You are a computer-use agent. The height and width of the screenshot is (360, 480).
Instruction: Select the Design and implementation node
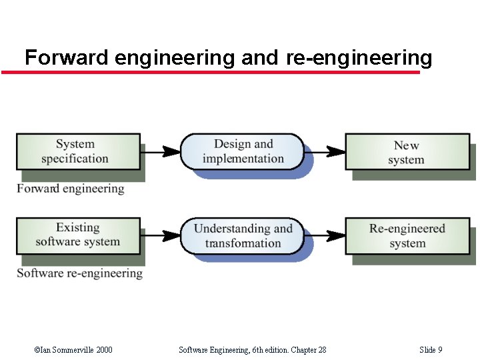click(x=243, y=151)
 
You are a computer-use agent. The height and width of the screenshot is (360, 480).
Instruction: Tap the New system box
click(x=406, y=152)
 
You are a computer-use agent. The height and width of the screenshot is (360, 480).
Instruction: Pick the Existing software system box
click(x=78, y=235)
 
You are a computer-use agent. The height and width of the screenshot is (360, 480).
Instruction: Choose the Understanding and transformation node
click(x=243, y=235)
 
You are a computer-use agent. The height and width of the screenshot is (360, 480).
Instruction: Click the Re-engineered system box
click(x=407, y=235)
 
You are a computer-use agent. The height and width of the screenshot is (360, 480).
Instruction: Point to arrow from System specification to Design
click(x=161, y=151)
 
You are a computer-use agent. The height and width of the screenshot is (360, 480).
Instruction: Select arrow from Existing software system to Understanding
click(x=161, y=235)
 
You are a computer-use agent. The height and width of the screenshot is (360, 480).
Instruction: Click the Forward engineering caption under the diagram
click(x=71, y=189)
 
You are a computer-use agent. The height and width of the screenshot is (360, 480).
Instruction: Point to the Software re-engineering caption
click(x=80, y=273)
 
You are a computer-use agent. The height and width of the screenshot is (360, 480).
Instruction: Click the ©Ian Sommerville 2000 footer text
click(x=73, y=350)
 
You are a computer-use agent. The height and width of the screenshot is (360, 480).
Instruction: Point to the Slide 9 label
click(x=431, y=350)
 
